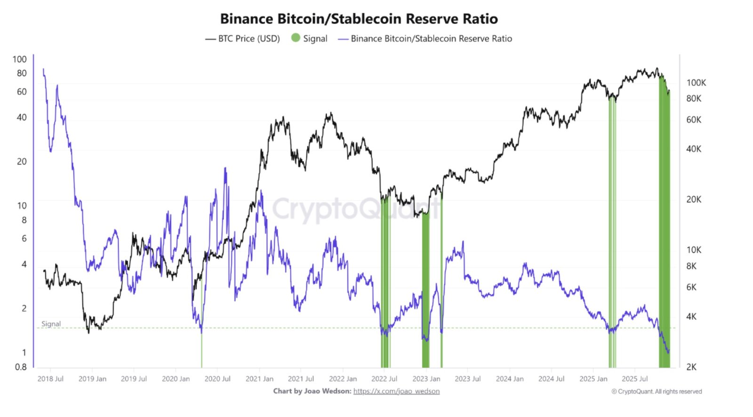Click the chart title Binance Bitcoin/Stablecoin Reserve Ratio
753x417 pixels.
coord(359,19)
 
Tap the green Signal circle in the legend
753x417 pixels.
coord(296,38)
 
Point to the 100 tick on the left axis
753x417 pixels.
coord(19,59)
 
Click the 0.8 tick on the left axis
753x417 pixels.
coord(21,367)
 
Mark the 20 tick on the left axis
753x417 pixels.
coord(22,161)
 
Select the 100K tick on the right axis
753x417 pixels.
coord(696,83)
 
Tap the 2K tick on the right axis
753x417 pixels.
coord(691,367)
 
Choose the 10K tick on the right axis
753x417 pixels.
coord(693,250)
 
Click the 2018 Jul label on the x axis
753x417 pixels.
coord(50,379)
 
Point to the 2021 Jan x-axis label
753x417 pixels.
coord(259,379)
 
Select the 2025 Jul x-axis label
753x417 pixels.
coord(635,379)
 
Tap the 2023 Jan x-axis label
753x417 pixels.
coord(426,379)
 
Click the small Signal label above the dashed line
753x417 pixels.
coord(51,324)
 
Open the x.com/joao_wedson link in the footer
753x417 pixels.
coord(396,391)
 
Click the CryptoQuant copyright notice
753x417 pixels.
coord(657,392)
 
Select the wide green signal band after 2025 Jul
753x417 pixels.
coord(664,235)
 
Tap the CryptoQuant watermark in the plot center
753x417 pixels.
coord(357,209)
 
